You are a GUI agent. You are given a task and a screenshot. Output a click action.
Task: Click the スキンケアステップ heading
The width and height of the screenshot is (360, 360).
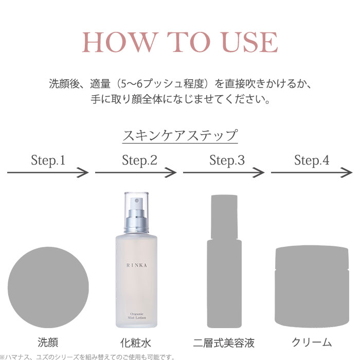180,136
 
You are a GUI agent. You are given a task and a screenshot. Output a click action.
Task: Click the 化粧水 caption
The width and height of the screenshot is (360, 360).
136,343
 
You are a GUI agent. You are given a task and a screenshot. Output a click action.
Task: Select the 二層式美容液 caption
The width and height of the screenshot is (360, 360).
224,343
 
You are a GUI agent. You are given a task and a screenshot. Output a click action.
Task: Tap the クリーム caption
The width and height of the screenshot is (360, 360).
312,343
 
